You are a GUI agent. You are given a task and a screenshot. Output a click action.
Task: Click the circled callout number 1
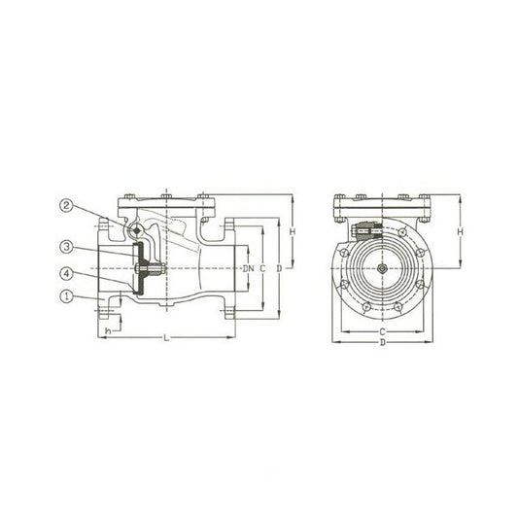coord(66,296)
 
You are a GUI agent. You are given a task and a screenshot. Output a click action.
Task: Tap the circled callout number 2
coord(66,206)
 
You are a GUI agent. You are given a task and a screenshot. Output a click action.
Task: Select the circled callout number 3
coord(66,247)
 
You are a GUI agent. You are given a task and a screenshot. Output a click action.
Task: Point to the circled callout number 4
coord(66,273)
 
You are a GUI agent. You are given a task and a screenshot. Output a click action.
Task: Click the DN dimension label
coord(249,268)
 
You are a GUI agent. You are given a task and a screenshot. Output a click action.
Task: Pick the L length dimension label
coord(167,337)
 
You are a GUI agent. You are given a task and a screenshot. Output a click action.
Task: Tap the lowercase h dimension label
coord(107,330)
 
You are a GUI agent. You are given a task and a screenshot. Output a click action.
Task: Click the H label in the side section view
coord(293,232)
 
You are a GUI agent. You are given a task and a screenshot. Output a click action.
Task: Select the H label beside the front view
coord(461,232)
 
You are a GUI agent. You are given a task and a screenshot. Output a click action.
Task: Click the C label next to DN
coord(262,268)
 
